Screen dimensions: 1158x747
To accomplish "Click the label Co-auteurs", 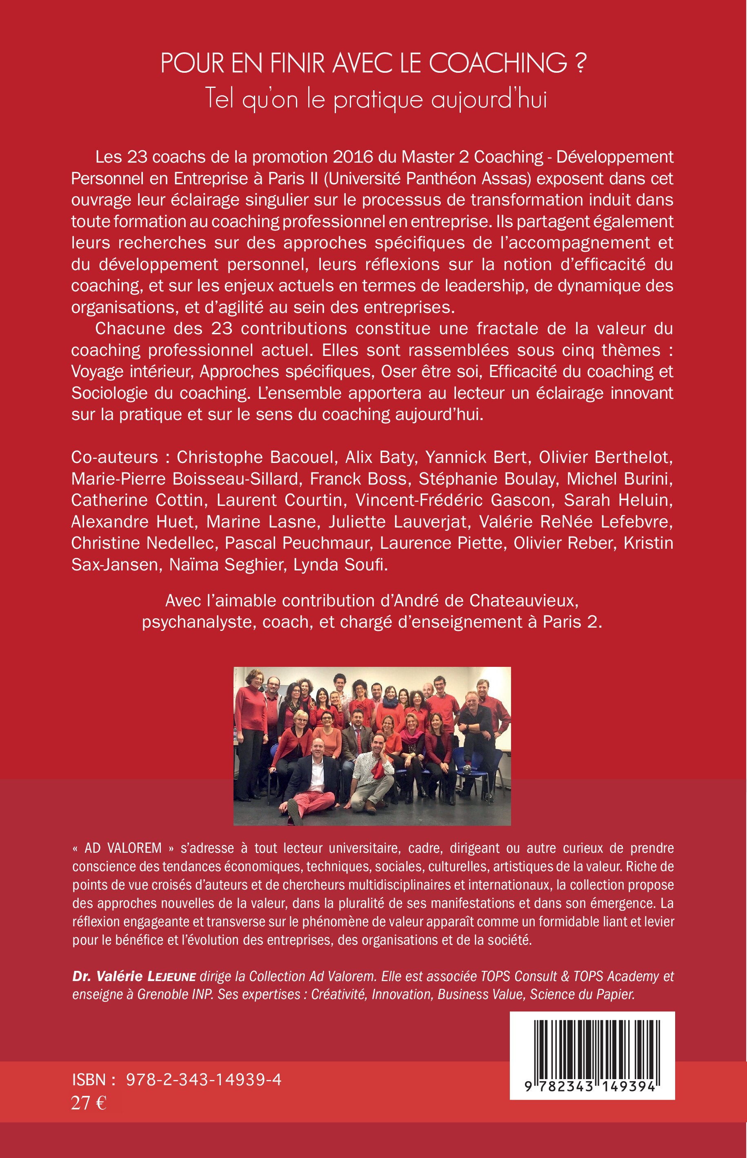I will [x=114, y=457].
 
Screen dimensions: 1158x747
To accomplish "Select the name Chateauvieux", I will [x=523, y=601].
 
